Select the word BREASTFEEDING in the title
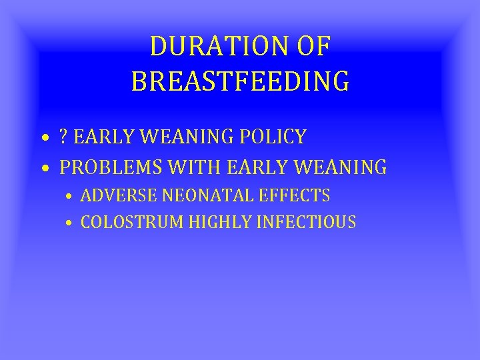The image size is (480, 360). (240, 81)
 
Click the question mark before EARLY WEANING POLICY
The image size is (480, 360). (64, 137)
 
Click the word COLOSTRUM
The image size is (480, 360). (132, 222)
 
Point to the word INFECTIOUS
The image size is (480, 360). (307, 222)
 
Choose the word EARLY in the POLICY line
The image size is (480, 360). (99, 137)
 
